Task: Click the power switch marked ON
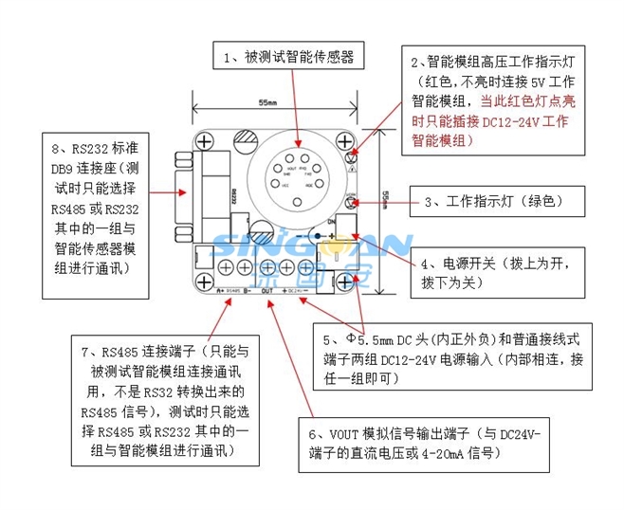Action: pos(342,228)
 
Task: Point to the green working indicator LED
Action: pos(350,201)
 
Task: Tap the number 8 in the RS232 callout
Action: pos(57,149)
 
